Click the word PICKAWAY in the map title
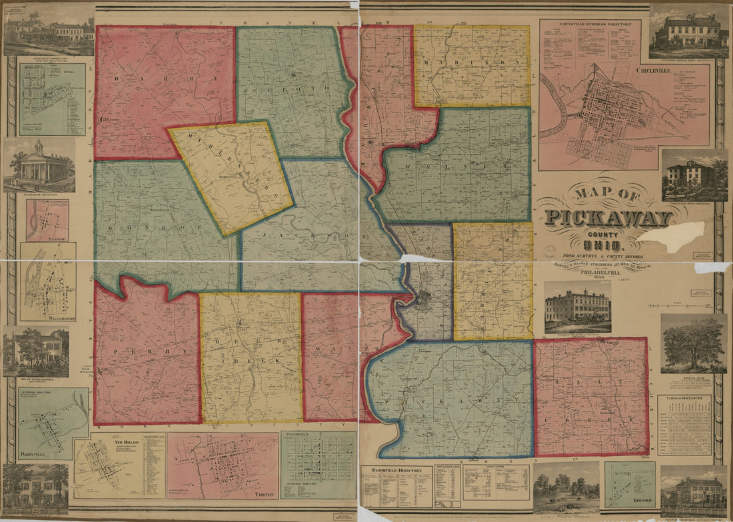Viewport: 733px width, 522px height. pos(608,217)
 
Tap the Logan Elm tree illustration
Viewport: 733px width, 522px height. pos(694,343)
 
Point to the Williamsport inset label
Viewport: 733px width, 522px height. pos(47,318)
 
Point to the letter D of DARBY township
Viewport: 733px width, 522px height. pos(117,79)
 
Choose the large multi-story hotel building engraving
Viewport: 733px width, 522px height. pos(578,307)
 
